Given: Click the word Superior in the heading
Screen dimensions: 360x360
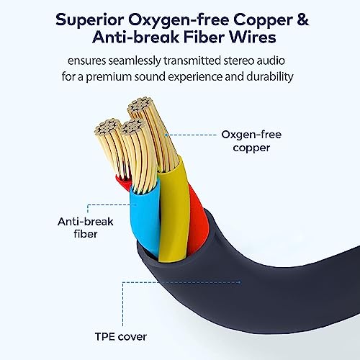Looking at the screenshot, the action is [x=89, y=19].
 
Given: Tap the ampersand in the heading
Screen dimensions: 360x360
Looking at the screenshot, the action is [x=302, y=19].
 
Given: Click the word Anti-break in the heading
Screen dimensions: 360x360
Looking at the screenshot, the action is [x=135, y=37].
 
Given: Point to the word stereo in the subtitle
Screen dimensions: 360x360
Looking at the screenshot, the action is [x=238, y=60].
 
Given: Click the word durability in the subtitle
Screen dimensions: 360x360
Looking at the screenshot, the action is [x=270, y=76].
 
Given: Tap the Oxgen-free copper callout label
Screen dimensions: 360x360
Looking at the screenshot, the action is [x=251, y=141].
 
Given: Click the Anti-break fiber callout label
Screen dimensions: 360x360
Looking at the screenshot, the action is [x=86, y=228].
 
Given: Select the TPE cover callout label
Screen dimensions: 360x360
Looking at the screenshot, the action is [x=121, y=337].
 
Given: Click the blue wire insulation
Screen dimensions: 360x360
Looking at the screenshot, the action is [x=145, y=216].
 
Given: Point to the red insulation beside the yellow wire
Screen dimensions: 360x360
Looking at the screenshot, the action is [x=197, y=221].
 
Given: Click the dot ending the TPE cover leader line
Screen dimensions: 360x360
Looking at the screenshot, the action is [x=239, y=282].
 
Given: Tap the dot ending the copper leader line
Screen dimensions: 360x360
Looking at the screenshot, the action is [x=166, y=135].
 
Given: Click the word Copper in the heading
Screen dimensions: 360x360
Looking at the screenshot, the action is [x=263, y=20].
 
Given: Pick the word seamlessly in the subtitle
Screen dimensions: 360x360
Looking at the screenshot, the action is [x=135, y=61].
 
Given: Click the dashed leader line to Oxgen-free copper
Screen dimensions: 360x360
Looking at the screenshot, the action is [x=192, y=135].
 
